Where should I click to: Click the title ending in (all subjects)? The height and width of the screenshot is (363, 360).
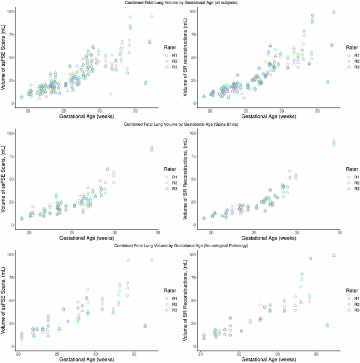tap(180, 3)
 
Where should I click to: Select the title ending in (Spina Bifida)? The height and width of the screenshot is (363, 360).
tap(180, 124)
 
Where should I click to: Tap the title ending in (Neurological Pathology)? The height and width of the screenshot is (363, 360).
tap(180, 246)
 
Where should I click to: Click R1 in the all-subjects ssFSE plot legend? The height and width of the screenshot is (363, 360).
tap(176, 55)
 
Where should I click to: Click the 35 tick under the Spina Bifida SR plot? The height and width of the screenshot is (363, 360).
tap(340, 232)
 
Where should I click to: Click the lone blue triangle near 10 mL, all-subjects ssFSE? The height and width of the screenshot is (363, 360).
tap(111, 94)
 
